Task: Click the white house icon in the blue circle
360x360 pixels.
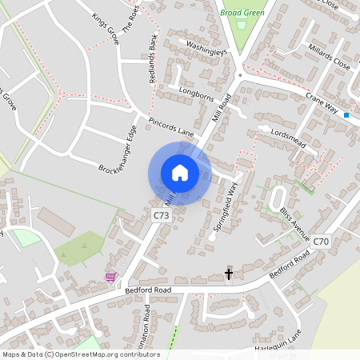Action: [x=180, y=173]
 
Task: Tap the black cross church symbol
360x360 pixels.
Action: [x=229, y=274]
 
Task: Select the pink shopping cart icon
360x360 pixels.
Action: [x=110, y=277]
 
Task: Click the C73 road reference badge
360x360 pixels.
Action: [x=162, y=216]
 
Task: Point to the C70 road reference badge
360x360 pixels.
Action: [x=321, y=240]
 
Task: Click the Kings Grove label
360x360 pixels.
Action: [x=105, y=27]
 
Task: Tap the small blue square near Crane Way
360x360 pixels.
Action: [x=346, y=115]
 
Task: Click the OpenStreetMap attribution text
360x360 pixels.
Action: [x=81, y=354]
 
